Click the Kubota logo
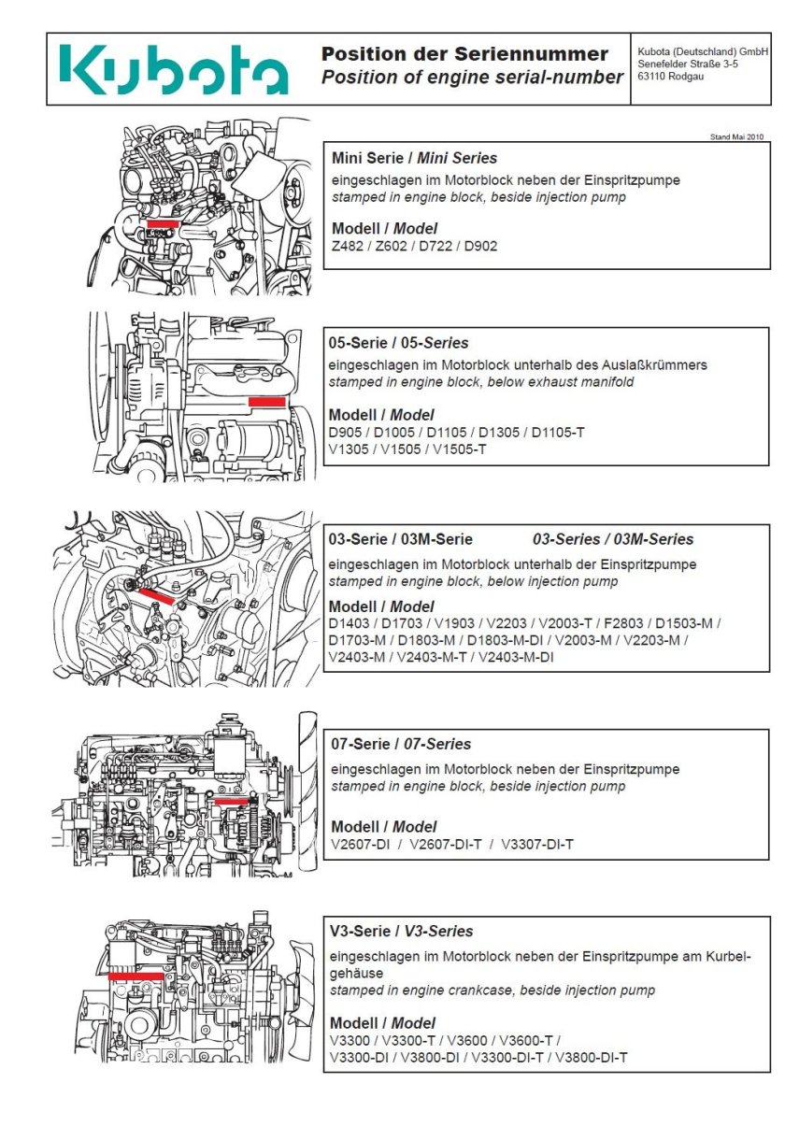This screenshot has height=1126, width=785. [x=174, y=70]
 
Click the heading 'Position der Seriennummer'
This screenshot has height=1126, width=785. [x=464, y=54]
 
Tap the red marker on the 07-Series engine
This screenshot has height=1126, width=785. [x=231, y=801]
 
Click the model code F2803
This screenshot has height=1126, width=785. [x=621, y=623]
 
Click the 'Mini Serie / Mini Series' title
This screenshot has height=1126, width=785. [x=415, y=158]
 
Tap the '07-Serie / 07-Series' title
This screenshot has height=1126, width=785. [x=401, y=744]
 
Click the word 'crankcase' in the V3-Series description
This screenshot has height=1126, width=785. [x=470, y=990]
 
